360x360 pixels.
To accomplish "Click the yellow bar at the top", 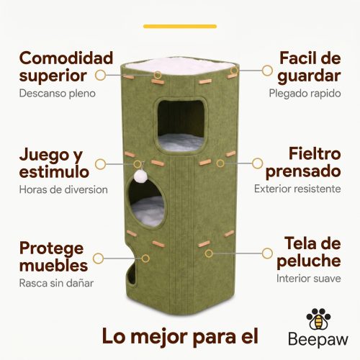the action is (180, 27).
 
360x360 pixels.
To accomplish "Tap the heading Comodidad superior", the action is (66, 67).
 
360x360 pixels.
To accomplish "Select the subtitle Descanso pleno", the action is (58, 94).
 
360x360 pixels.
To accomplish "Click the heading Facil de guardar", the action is (309, 67).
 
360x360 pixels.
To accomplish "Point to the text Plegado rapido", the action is (305, 94).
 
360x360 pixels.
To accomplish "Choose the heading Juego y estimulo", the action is (54, 163).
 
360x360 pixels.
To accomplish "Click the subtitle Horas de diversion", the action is (63, 189).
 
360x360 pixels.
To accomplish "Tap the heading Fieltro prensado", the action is (303, 163).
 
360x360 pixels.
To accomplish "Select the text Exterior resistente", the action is (297, 189).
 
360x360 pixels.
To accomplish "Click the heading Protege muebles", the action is (53, 256).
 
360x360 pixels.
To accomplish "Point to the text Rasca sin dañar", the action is (56, 283).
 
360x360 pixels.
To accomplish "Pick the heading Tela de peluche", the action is (309, 252).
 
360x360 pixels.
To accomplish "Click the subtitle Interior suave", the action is (309, 279).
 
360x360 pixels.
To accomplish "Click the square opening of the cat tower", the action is (181, 125).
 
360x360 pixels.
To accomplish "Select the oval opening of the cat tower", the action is (147, 203).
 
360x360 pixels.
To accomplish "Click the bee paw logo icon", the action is (318, 319).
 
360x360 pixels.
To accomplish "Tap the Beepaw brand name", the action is (318, 340).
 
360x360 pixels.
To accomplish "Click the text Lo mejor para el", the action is (180, 336).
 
